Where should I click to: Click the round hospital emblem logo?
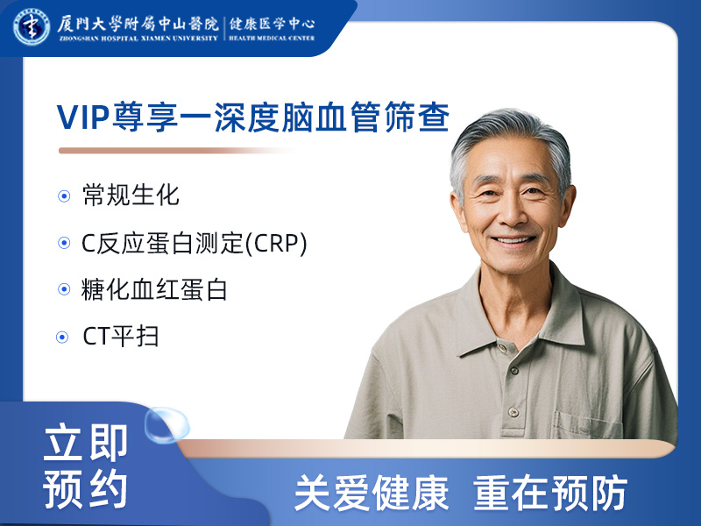tap(32, 25)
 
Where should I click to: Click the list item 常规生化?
tap(131, 195)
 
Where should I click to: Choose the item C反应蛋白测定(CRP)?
tap(195, 243)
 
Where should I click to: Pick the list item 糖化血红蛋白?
tap(155, 289)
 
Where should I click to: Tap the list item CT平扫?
tap(120, 336)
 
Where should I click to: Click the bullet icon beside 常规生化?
tap(64, 196)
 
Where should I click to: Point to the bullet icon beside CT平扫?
tap(62, 337)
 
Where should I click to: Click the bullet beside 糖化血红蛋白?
tap(64, 290)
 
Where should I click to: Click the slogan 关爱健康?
tap(371, 494)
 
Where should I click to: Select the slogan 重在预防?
tap(550, 494)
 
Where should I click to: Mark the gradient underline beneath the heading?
tap(175, 151)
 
